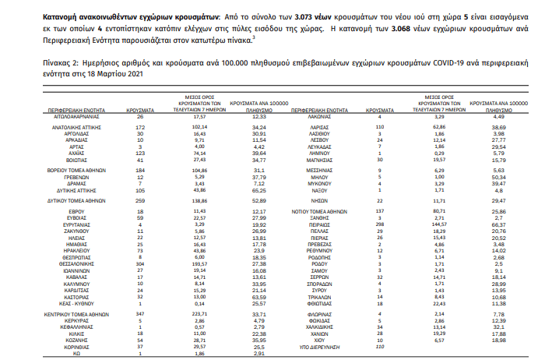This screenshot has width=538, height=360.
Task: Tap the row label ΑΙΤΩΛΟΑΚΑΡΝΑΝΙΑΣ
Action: (x=65, y=115)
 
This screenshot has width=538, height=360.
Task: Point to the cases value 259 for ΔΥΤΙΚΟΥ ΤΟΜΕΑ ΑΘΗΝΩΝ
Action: (x=140, y=200)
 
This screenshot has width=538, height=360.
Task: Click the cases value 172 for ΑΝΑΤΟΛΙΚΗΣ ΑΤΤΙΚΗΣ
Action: (x=140, y=126)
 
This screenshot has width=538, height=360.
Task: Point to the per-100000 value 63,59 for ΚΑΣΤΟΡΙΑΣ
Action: (x=259, y=296)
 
